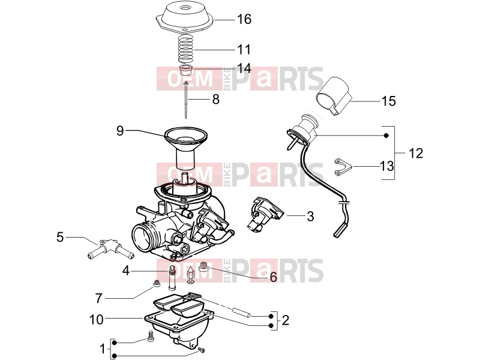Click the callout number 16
(244, 19)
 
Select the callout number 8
(216, 99)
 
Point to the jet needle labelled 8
(186, 100)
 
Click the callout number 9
(120, 131)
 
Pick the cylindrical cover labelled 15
(334, 96)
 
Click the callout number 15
(388, 101)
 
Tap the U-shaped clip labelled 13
(342, 167)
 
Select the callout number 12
(416, 153)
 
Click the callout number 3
(310, 216)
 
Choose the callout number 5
(60, 237)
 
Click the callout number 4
(126, 271)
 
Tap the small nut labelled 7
(157, 284)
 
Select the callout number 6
(273, 277)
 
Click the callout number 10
(96, 320)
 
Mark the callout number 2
(286, 320)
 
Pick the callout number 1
(103, 349)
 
